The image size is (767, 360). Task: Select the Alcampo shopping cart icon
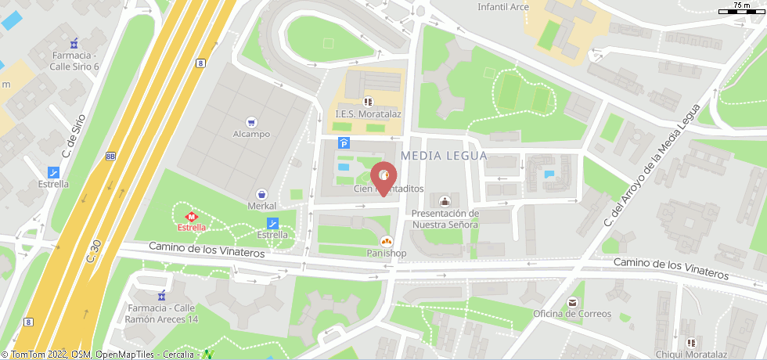pyautogui.click(x=251, y=122)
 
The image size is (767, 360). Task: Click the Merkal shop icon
pyautogui.click(x=262, y=193)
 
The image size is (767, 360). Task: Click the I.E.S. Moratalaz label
pyautogui.click(x=368, y=113)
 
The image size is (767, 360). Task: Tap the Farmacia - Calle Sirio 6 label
pyautogui.click(x=75, y=61)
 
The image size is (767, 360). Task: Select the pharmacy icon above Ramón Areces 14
pyautogui.click(x=162, y=296)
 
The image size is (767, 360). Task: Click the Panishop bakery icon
pyautogui.click(x=386, y=241)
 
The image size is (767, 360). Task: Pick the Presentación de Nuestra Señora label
pyautogui.click(x=445, y=218)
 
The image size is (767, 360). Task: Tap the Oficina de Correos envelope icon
pyautogui.click(x=572, y=302)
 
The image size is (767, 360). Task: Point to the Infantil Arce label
pyautogui.click(x=503, y=7)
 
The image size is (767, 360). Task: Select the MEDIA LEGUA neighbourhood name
pyautogui.click(x=444, y=156)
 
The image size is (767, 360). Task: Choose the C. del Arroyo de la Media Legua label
pyautogui.click(x=648, y=165)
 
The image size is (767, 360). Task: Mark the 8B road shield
pyautogui.click(x=110, y=156)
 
